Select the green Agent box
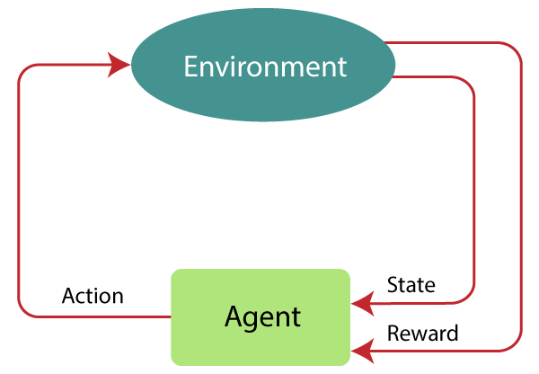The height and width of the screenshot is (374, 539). coord(261,316)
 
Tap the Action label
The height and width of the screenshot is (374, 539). coord(93,297)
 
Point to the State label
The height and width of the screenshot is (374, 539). coord(411,285)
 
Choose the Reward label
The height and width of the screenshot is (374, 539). coord(422,334)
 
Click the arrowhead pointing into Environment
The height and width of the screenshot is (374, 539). coord(119,64)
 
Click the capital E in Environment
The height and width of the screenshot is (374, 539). coord(190,67)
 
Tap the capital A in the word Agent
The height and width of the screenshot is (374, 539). coord(232,316)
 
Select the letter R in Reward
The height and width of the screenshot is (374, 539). coord(393,334)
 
